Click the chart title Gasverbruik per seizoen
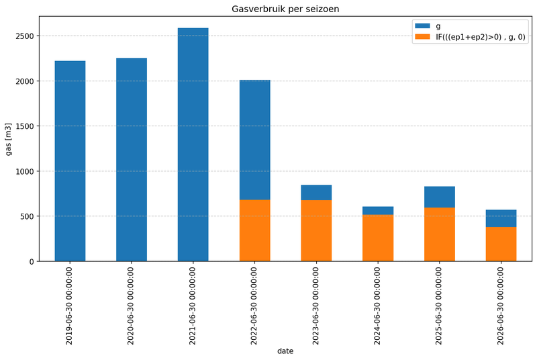pos(285,9)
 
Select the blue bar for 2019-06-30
pos(70,161)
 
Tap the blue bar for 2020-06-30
pos(132,160)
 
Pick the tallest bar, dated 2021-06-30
pos(193,144)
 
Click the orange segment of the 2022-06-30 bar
pos(254,230)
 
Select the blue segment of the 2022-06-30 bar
pos(254,140)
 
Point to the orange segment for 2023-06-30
pos(316,230)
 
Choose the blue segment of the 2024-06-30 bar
pos(378,210)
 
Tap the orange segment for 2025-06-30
pos(439,234)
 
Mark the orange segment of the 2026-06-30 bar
pos(501,244)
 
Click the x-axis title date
pos(285,351)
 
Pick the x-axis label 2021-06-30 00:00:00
pos(193,306)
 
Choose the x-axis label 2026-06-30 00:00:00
pos(501,306)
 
